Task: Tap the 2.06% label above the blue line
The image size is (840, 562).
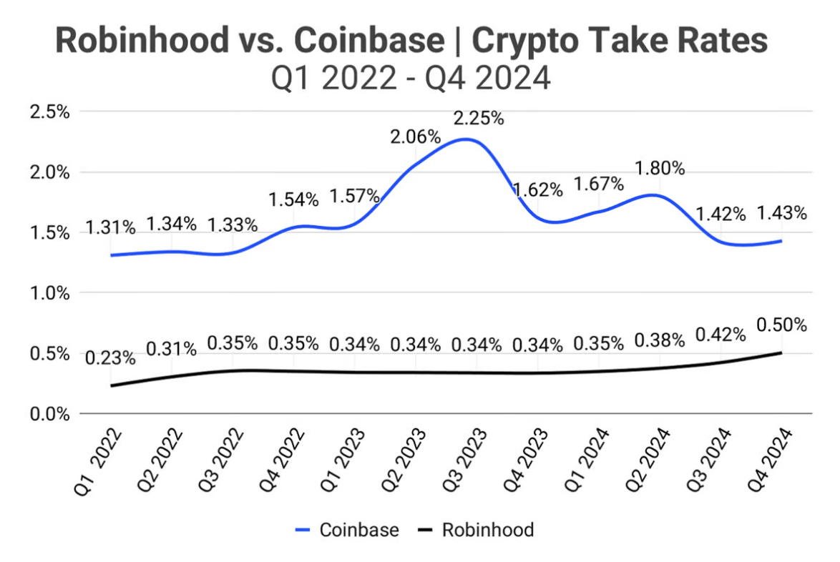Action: pos(416,136)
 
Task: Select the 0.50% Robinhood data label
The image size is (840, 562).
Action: pos(782,325)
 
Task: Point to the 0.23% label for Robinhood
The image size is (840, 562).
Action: pos(110,357)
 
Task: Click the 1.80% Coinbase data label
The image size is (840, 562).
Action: pos(660,169)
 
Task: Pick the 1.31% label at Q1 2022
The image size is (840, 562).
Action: pos(110,227)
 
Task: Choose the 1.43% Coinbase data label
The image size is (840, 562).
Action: pos(782,213)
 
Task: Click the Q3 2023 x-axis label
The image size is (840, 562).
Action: pos(469,461)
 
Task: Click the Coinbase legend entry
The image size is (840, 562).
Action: pos(347,530)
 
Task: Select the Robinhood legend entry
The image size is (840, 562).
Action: pos(476,530)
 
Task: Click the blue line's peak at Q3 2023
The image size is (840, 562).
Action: pos(467,139)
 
